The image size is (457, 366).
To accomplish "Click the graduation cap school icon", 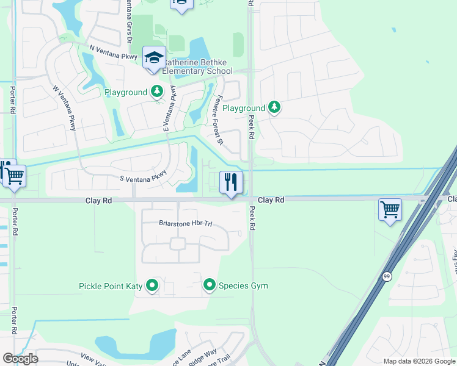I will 153,58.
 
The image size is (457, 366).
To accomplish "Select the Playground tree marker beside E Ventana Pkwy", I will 157,92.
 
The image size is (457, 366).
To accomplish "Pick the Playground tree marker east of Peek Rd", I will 274,108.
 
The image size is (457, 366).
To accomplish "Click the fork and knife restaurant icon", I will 231,182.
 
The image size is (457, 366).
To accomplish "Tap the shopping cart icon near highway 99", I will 390,210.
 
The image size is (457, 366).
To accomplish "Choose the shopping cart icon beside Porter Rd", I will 15,176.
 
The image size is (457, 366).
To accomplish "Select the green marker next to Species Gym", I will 210,285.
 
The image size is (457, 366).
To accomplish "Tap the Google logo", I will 20,358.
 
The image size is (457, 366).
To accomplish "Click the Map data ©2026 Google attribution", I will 419,361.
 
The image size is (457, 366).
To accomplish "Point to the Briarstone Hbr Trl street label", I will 185,223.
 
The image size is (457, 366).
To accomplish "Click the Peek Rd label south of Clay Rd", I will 252,218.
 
